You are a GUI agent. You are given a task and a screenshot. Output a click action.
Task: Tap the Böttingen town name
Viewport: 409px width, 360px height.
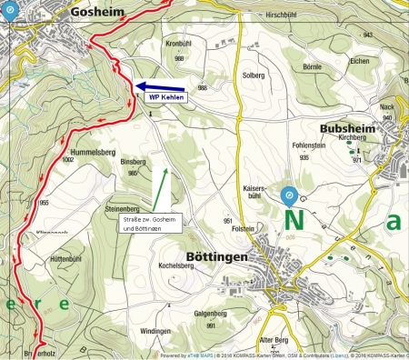215,258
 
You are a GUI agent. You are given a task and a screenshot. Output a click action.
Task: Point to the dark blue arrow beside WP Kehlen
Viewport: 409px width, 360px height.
150,88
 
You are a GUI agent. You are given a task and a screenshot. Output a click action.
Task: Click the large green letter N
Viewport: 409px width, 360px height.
294,221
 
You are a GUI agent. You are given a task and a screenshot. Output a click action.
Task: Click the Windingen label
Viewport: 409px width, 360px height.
157,332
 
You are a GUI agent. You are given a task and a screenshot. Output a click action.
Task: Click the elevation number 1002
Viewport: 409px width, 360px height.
66,159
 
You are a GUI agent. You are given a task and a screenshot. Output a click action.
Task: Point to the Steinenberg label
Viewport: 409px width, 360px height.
121,183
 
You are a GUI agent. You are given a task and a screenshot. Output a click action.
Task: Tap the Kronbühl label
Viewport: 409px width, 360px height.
179,43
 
